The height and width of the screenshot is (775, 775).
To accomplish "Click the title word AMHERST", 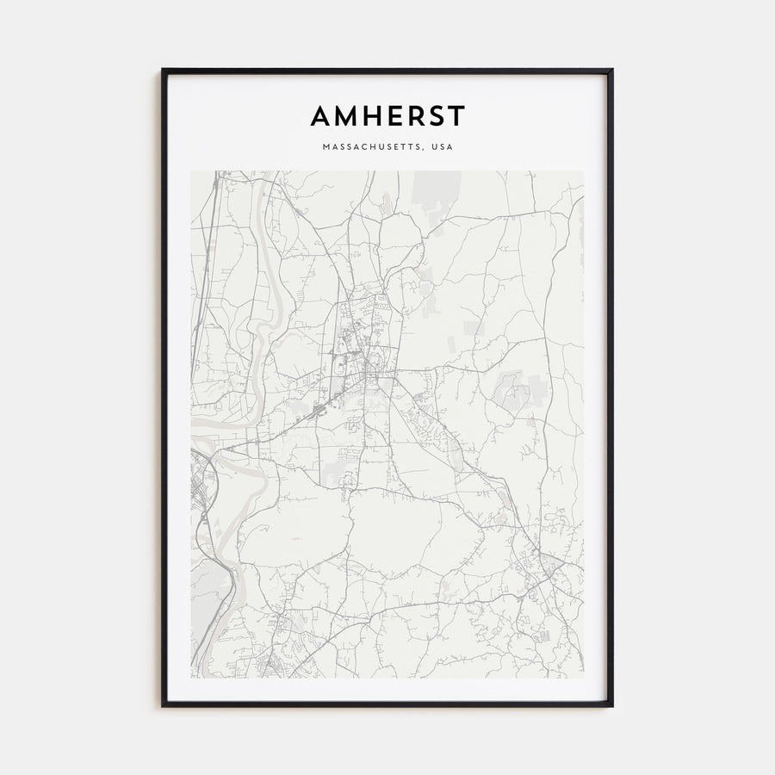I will (387, 115).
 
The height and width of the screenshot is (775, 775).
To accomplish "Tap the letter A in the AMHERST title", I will (319, 115).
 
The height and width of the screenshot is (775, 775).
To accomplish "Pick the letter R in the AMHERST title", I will (415, 115).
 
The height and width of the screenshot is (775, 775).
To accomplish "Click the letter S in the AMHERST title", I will (437, 115).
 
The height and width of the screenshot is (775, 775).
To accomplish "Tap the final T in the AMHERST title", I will (456, 115).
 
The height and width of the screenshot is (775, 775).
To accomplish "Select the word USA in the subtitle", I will (443, 147).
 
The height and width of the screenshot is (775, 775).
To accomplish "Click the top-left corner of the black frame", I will (163, 71).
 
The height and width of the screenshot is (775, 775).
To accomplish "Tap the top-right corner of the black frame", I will (611, 71).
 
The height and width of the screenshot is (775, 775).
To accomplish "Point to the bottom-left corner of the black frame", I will (163, 705).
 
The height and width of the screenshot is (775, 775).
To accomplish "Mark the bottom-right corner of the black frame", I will (611, 705).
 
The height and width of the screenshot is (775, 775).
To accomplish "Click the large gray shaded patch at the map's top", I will (437, 193).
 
